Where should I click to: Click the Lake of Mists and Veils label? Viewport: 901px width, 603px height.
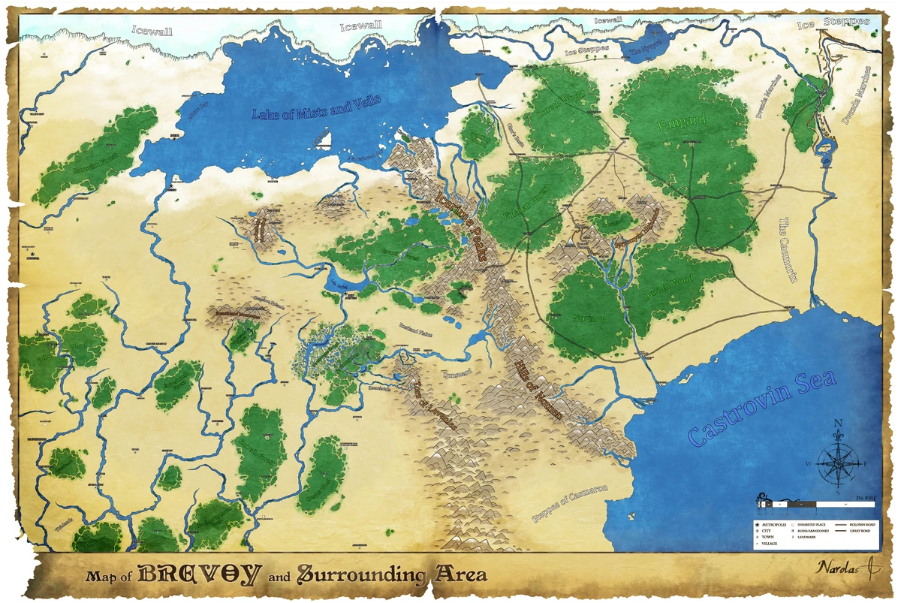click(x=317, y=107)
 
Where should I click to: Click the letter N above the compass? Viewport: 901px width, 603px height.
click(x=838, y=423)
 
